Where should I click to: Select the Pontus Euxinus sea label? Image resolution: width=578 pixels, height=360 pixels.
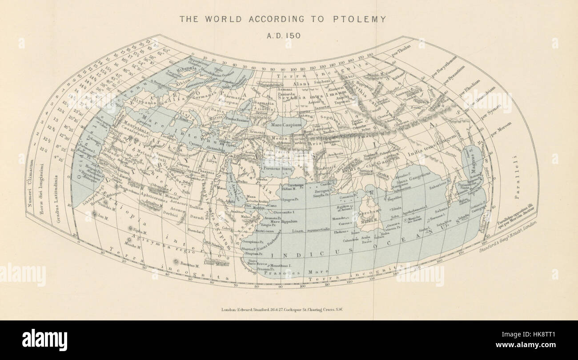[x=238, y=119]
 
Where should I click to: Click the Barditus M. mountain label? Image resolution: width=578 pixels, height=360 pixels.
[x=189, y=265]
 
